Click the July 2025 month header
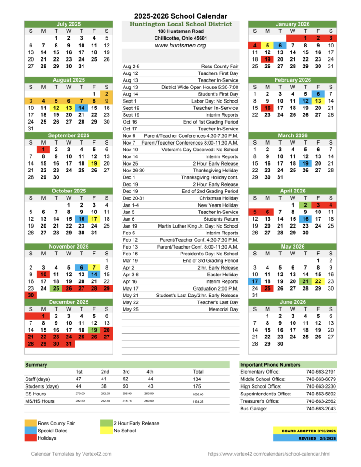point(68,24)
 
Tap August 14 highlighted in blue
point(81,108)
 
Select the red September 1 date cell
point(43,149)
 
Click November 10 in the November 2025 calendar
point(43,275)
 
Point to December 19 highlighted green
point(94,330)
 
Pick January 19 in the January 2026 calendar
point(268,59)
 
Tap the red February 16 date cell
point(268,108)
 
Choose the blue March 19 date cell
point(305,163)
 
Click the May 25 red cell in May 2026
point(268,288)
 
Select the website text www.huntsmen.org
point(180,46)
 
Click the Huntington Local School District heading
point(180,24)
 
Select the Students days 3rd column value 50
point(126,386)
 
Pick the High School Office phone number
point(321,386)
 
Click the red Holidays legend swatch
point(31,438)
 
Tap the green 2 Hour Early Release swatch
point(106,423)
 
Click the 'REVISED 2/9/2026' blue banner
point(304,438)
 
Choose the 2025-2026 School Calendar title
point(180,16)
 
